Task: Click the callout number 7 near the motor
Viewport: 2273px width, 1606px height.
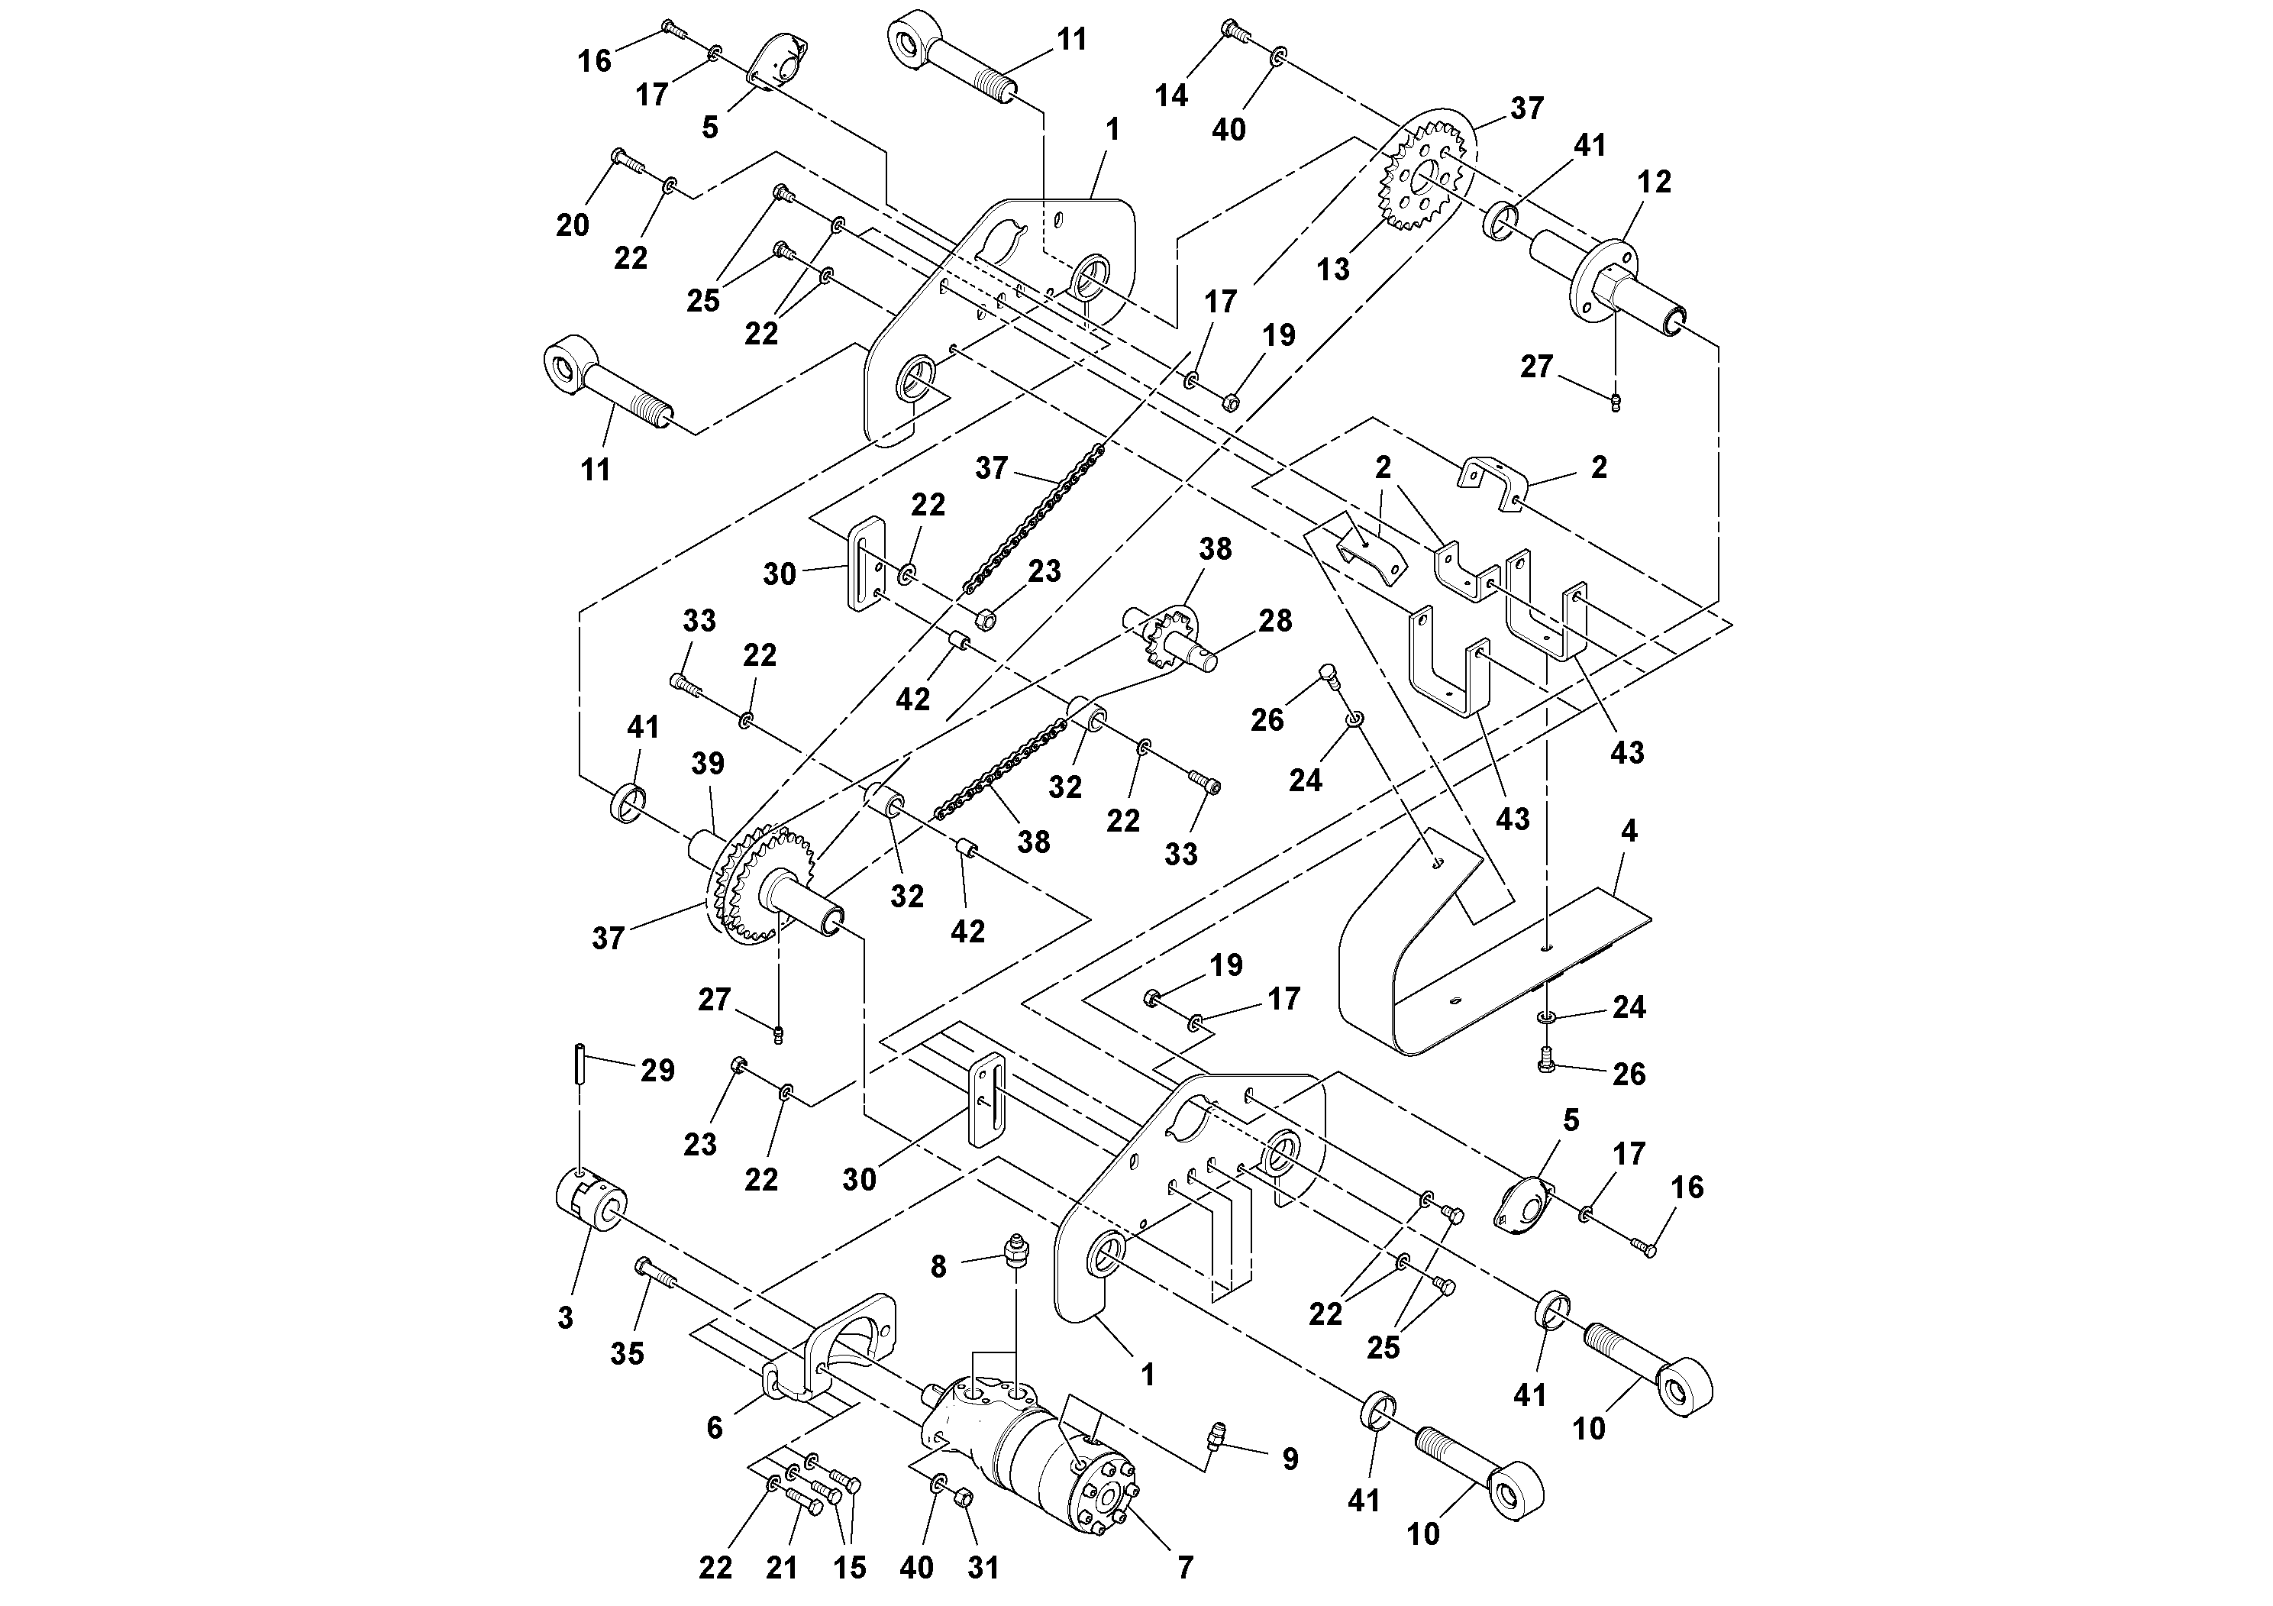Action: [1185, 1567]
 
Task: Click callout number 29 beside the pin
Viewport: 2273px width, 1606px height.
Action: [657, 1071]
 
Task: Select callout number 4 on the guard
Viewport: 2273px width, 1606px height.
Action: [1629, 831]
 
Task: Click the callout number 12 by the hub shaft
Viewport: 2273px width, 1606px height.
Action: [1653, 181]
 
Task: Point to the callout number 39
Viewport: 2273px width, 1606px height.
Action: [708, 764]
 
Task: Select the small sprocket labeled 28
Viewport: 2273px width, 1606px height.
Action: [1173, 641]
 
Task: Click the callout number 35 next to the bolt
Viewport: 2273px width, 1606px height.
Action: [627, 1353]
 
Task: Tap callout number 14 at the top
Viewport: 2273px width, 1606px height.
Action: [1171, 95]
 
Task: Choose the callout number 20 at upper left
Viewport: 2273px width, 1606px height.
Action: [572, 226]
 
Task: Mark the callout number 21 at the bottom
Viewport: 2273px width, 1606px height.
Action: [781, 1567]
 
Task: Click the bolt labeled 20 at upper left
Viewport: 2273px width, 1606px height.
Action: [627, 160]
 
